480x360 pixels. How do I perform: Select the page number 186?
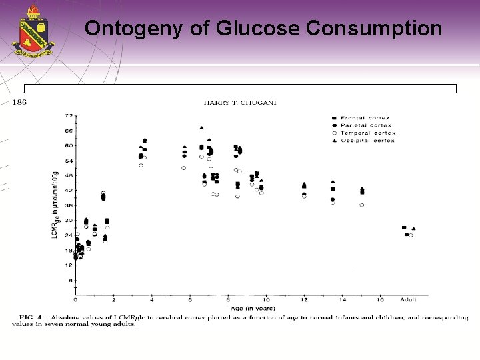pyautogui.click(x=20, y=102)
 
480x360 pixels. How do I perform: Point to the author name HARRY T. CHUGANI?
pyautogui.click(x=239, y=102)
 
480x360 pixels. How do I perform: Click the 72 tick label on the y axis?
pyautogui.click(x=68, y=116)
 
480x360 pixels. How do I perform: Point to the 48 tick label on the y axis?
pyautogui.click(x=68, y=175)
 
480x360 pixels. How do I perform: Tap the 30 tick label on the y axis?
pyautogui.click(x=68, y=220)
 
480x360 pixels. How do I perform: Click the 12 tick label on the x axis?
pyautogui.click(x=304, y=300)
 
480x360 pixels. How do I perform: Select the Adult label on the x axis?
pyautogui.click(x=409, y=300)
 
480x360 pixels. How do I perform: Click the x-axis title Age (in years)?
pyautogui.click(x=245, y=307)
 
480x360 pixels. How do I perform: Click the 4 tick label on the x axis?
pyautogui.click(x=151, y=300)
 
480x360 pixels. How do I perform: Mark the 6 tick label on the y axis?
pyautogui.click(x=69, y=280)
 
